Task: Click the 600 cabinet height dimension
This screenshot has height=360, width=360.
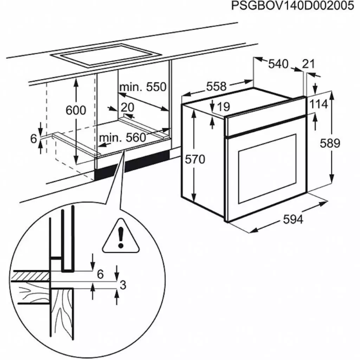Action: [76, 110]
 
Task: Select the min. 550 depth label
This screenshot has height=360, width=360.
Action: [142, 87]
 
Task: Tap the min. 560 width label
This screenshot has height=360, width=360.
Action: [122, 137]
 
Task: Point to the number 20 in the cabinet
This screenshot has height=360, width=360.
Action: [128, 107]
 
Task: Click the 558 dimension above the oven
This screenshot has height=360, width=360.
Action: [216, 86]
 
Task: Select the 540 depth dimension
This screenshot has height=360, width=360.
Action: [278, 64]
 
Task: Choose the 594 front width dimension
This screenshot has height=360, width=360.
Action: [293, 219]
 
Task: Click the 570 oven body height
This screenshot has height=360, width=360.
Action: [194, 159]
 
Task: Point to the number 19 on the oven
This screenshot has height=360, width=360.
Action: [223, 106]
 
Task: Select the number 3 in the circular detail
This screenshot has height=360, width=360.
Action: [122, 285]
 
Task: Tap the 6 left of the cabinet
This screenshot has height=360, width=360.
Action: [33, 139]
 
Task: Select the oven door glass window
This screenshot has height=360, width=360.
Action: [267, 168]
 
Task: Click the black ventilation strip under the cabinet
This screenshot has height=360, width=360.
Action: [132, 167]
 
